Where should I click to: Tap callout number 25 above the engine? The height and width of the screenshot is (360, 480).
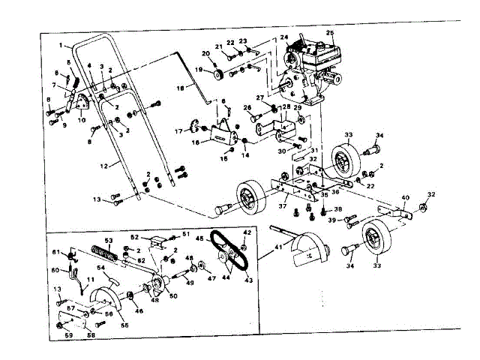330,34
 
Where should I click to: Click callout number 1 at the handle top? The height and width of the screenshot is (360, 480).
59,46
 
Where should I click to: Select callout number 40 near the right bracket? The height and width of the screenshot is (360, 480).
406,199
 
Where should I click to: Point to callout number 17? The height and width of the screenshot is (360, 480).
178,132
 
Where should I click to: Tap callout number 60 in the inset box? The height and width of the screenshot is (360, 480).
55,270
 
